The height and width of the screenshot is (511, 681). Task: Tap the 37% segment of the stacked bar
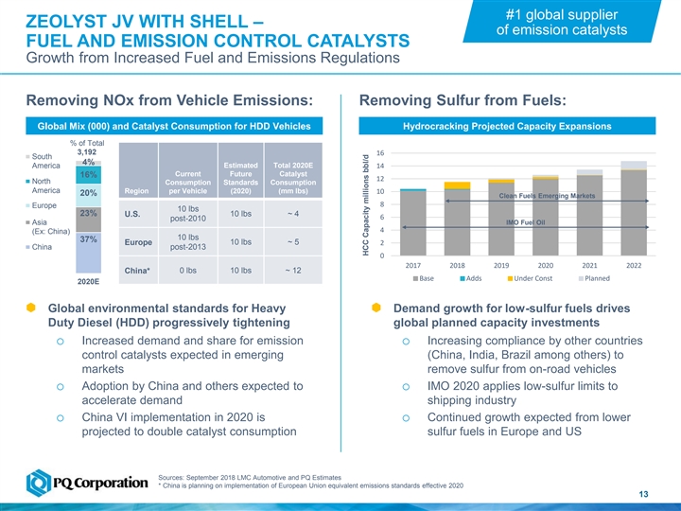(x=88, y=241)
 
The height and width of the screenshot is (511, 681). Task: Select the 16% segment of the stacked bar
(x=89, y=176)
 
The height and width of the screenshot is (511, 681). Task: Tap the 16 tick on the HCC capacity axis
(x=379, y=153)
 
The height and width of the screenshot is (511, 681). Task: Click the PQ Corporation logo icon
(x=41, y=481)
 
